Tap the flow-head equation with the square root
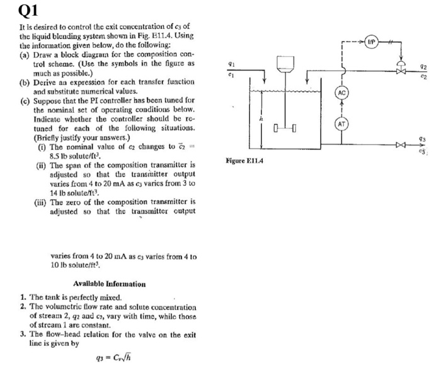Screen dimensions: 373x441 (113, 359)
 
